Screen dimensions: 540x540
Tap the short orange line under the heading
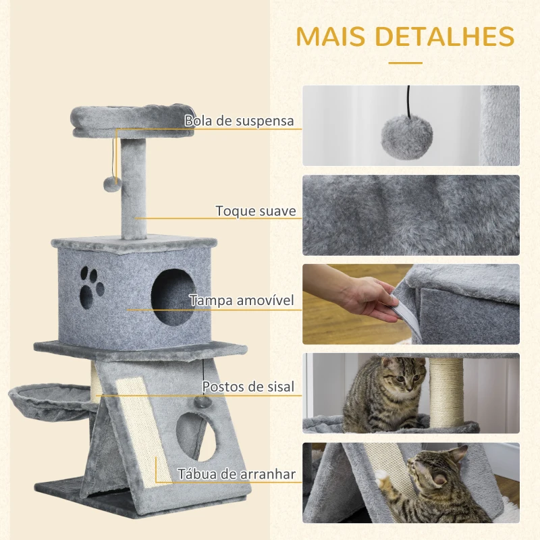406,63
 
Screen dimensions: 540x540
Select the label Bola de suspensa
240,122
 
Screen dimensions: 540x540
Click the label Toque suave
255,211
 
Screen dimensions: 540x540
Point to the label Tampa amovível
241,300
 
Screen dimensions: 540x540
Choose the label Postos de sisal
248,387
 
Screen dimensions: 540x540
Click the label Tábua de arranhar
237,475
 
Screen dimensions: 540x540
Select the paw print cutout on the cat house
92,283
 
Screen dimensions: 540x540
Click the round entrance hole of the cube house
171,297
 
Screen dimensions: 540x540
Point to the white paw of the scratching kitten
385,481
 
